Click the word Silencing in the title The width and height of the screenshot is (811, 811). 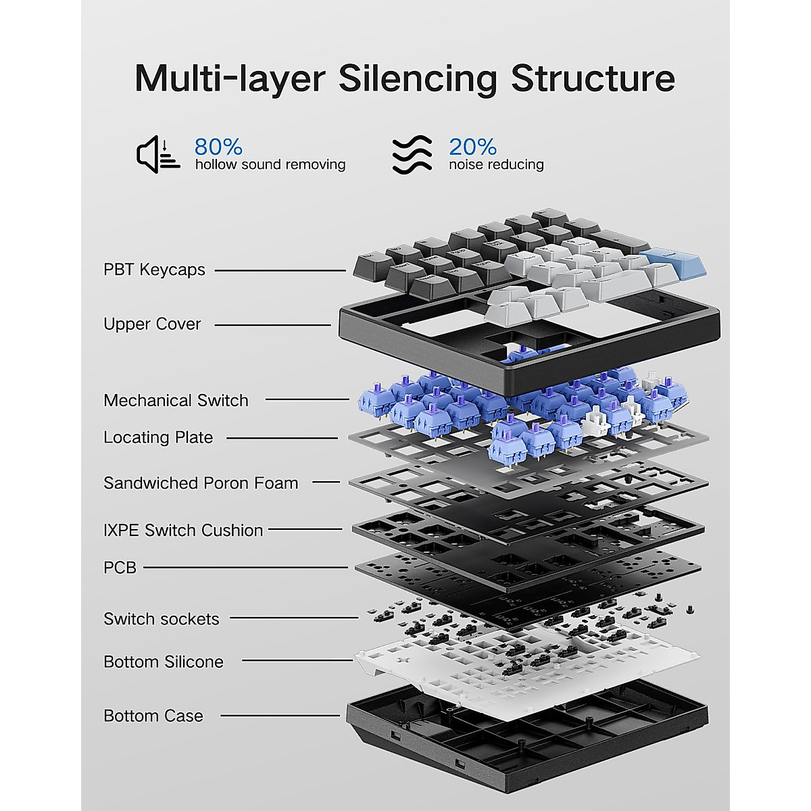tap(418, 79)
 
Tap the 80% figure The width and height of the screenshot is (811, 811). tap(218, 147)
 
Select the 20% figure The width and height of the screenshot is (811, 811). tap(472, 147)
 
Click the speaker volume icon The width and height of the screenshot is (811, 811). tap(158, 155)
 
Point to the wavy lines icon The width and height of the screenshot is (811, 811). tap(412, 155)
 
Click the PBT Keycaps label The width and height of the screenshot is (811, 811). tap(155, 270)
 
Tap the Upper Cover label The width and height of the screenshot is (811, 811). tap(152, 324)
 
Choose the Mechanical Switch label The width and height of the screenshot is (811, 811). tap(176, 400)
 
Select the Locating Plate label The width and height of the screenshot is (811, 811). tap(158, 438)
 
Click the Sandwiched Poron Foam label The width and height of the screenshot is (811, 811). tap(201, 483)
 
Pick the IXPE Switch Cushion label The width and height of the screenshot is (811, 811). tap(183, 531)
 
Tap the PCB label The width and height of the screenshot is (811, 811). tap(120, 568)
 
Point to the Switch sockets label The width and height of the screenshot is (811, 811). tap(162, 619)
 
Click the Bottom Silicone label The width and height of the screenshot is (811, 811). tap(164, 662)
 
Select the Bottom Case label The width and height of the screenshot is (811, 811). tap(153, 716)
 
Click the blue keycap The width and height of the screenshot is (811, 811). tap(672, 264)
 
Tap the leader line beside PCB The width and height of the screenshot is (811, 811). tap(246, 568)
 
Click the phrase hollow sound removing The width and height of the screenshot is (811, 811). tap(270, 164)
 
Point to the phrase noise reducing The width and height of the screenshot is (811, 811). tap(496, 164)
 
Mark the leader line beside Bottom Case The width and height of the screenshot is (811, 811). tap(280, 716)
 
